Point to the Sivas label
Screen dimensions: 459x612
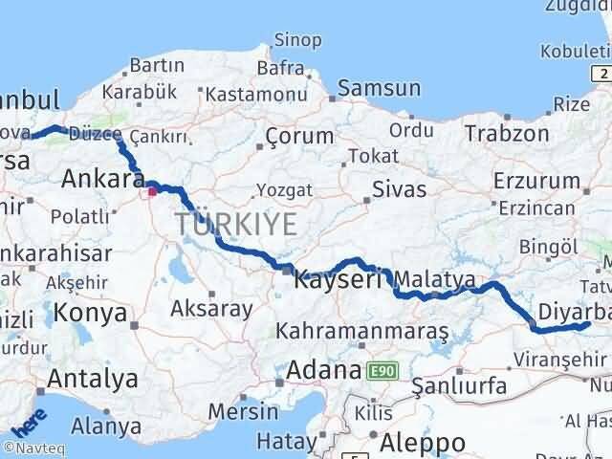pyautogui.click(x=399, y=188)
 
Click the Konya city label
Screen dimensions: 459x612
pyautogui.click(x=91, y=313)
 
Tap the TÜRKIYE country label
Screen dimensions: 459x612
pyautogui.click(x=236, y=225)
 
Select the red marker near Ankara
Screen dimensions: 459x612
pyautogui.click(x=152, y=191)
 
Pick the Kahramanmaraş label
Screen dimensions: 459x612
pyautogui.click(x=362, y=331)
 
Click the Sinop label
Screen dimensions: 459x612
pyautogui.click(x=297, y=39)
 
